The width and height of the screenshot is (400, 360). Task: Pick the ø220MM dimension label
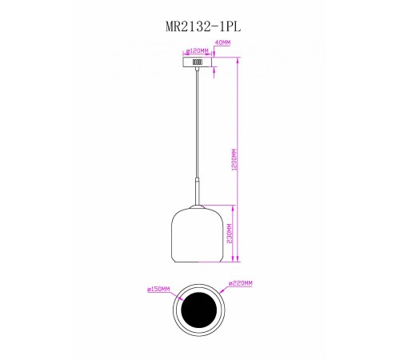(x=241, y=283)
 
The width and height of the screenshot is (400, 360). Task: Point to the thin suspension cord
(x=195, y=128)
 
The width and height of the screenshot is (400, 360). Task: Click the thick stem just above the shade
(x=195, y=197)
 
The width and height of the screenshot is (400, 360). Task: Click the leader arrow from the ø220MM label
(x=223, y=290)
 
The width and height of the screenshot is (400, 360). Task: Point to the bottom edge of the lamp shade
(x=195, y=264)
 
